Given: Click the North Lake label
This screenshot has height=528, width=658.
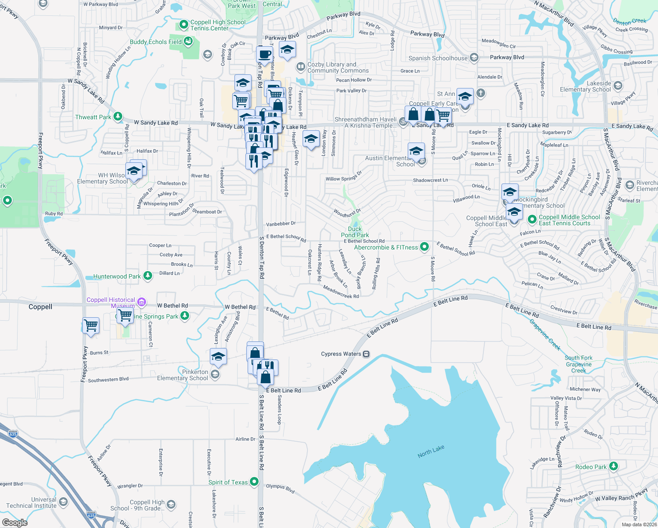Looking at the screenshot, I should [431, 451].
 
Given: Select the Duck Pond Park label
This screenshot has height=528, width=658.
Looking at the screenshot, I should [355, 232].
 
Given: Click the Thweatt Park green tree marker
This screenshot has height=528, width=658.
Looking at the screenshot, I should [118, 117].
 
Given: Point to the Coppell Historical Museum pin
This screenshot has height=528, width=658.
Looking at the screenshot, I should [142, 301].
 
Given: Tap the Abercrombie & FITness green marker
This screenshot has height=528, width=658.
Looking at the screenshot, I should [424, 247].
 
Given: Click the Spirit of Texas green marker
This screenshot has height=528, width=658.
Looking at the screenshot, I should [254, 482].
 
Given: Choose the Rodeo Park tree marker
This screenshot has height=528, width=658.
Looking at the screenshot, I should [614, 466].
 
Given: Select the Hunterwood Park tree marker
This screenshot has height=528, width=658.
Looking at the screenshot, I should [148, 276].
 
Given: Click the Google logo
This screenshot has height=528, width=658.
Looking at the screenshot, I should [15, 522].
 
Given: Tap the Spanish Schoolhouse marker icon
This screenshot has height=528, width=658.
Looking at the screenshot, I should [474, 58].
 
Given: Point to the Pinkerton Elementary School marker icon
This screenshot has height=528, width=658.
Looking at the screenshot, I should [215, 374].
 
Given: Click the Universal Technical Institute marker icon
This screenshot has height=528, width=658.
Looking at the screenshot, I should [63, 502].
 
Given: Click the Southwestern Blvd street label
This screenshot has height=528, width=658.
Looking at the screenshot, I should [108, 380].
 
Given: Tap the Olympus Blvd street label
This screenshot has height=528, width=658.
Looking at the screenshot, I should [280, 488].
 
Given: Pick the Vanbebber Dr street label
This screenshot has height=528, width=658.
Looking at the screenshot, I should [281, 224].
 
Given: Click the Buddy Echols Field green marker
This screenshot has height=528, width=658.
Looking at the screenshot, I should [188, 41].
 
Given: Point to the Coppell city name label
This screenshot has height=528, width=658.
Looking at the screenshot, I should [40, 307].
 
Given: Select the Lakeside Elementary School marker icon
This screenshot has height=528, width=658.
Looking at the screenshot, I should [618, 85].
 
